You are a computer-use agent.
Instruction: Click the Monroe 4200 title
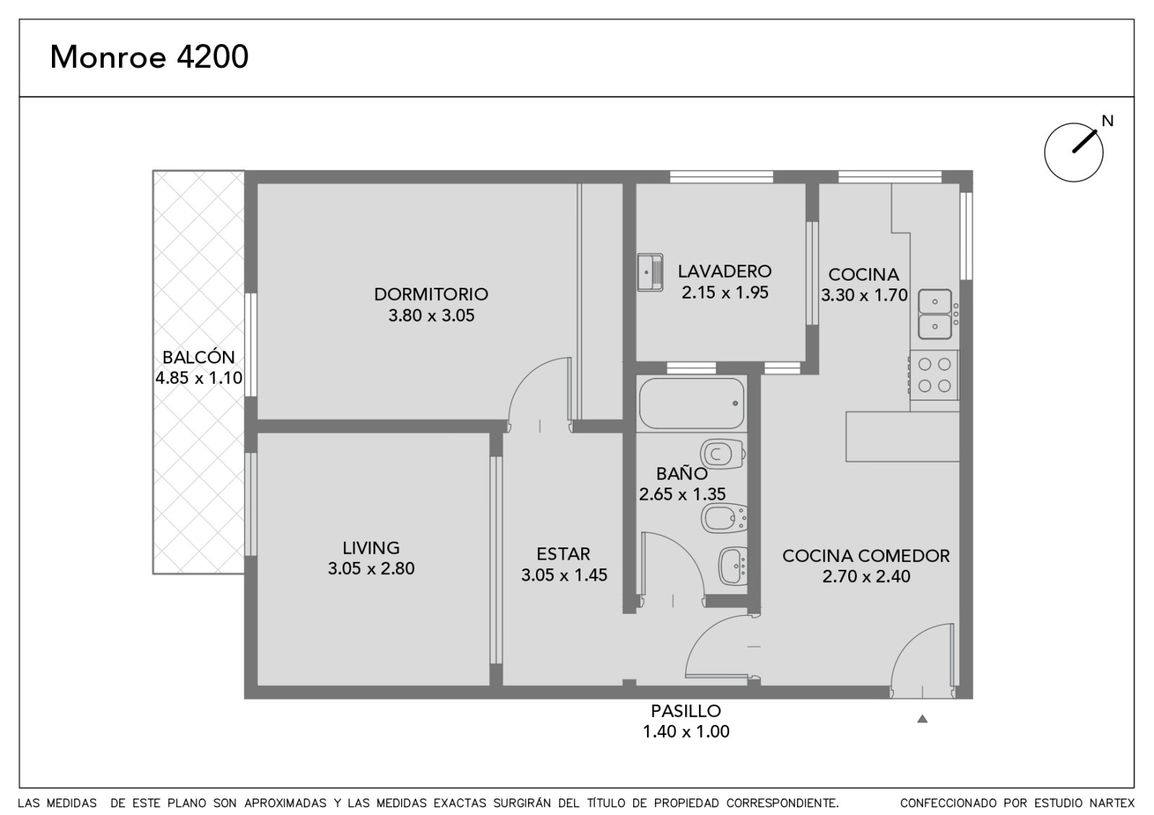(149, 57)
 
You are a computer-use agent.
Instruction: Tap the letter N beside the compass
(1108, 121)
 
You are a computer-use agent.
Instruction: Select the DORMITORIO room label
(431, 294)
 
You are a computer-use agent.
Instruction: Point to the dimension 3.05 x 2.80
(371, 569)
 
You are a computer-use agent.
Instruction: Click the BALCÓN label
(198, 357)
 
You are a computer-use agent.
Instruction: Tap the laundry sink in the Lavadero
(650, 273)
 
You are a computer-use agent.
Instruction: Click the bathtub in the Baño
(692, 403)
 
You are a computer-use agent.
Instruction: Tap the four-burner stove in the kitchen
(934, 375)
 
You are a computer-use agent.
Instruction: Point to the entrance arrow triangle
(922, 719)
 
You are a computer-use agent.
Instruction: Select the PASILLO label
(686, 711)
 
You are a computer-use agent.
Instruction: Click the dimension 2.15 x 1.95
(725, 293)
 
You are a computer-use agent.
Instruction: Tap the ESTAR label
(563, 554)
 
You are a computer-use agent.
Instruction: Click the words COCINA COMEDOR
(866, 556)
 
